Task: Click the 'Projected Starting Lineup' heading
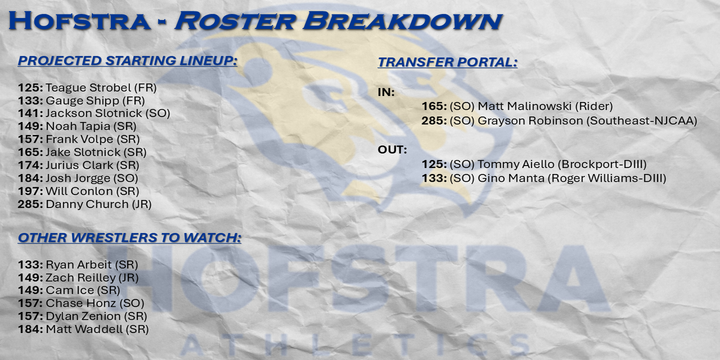[x=127, y=61]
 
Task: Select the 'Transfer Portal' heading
[x=448, y=62]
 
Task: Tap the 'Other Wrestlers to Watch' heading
[x=129, y=238]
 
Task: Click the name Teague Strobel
[x=88, y=88]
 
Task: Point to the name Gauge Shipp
[x=82, y=101]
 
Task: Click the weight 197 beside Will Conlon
[x=30, y=191]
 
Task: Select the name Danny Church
[x=87, y=205]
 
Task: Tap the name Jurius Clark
[x=79, y=165]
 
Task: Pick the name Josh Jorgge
[x=78, y=178]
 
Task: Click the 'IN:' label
[x=386, y=92]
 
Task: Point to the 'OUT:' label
[x=392, y=149]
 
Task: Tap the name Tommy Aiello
[x=516, y=164]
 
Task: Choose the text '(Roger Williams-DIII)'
[x=607, y=178]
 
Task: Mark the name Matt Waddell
[x=84, y=329]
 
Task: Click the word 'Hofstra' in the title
[x=80, y=21]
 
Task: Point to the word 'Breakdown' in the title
[x=403, y=21]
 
